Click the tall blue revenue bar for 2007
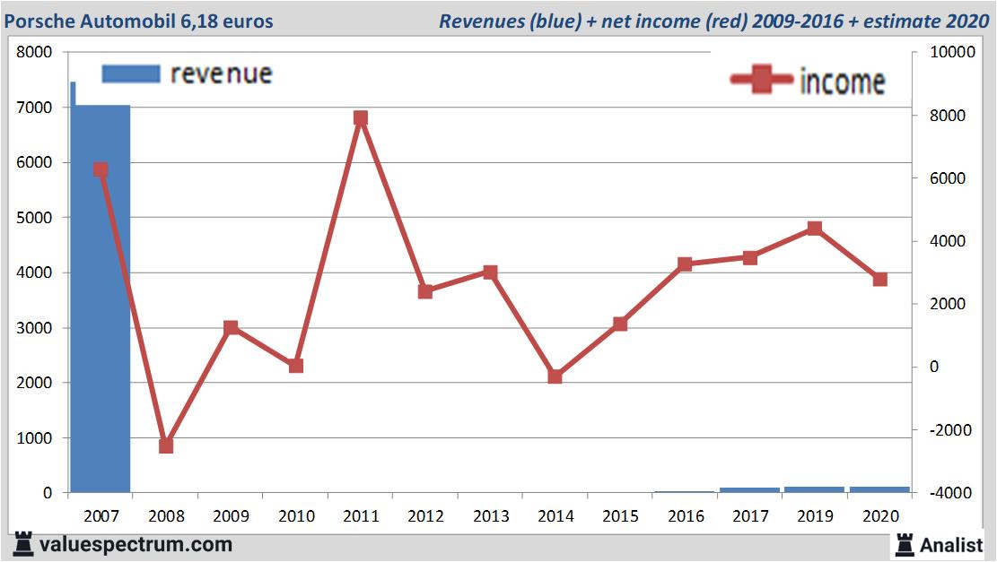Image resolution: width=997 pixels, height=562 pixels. click(101, 305)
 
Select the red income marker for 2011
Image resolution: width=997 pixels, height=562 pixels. click(361, 118)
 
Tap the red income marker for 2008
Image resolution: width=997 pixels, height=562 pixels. click(166, 445)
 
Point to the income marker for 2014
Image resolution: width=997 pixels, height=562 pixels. click(555, 376)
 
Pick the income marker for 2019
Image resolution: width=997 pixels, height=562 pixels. click(814, 229)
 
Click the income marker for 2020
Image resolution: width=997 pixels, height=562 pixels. click(879, 279)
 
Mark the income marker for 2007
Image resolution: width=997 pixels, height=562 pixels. click(101, 169)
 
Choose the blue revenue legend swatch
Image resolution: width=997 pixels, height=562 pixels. click(130, 73)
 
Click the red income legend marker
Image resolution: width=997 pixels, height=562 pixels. click(762, 80)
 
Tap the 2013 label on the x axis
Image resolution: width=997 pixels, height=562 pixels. click(491, 516)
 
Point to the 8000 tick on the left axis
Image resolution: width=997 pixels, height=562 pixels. click(35, 52)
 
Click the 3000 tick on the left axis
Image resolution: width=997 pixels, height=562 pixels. click(35, 328)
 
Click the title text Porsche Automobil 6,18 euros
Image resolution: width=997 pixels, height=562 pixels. click(139, 21)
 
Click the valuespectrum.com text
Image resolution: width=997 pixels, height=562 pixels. click(136, 544)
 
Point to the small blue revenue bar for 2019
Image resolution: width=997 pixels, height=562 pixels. click(814, 489)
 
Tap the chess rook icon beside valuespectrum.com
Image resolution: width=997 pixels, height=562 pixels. click(23, 543)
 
